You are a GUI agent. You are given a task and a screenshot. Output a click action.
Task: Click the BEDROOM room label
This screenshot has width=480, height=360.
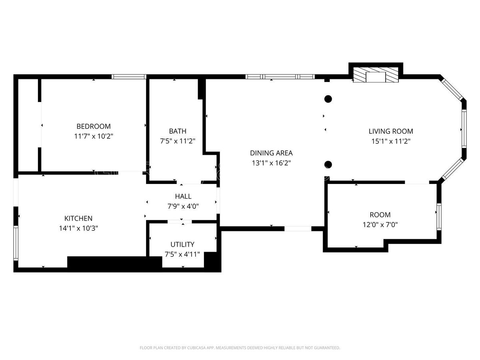point(94,126)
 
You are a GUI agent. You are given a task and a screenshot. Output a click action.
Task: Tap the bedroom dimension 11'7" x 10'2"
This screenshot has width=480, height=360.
point(94,136)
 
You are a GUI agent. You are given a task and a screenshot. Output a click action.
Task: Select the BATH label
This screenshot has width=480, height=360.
point(178,131)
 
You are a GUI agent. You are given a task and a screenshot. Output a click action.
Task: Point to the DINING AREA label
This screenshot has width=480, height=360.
point(271,153)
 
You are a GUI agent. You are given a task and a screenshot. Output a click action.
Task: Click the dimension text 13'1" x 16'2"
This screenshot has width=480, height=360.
point(271,163)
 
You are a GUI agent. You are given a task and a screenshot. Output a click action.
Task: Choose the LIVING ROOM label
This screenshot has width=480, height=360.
point(391,131)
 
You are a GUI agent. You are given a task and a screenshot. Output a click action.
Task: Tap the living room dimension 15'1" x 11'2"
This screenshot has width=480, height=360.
point(391,141)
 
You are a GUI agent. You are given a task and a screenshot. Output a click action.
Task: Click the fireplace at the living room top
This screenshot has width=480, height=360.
point(376,75)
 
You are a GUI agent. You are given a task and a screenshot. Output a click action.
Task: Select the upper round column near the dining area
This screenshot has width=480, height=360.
point(328,99)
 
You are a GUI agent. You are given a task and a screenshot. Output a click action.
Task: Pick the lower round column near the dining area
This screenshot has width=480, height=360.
point(328,164)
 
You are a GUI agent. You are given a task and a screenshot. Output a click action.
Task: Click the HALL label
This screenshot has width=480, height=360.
point(183,196)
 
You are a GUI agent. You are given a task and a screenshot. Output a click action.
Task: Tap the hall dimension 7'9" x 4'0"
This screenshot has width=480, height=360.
point(183,206)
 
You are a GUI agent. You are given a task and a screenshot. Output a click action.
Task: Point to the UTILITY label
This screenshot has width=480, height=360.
point(182,244)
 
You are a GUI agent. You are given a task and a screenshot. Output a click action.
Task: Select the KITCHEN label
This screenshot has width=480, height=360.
point(78,218)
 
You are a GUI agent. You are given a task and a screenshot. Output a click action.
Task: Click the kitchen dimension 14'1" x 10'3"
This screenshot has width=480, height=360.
point(78,228)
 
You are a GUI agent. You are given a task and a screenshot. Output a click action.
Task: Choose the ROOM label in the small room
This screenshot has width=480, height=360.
point(380,215)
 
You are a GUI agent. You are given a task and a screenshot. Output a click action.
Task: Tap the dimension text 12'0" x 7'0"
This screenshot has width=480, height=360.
point(380,225)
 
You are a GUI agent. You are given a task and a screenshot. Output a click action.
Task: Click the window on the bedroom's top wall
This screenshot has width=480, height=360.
point(129,77)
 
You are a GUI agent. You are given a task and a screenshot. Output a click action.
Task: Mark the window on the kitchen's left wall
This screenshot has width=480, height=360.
point(16,243)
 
